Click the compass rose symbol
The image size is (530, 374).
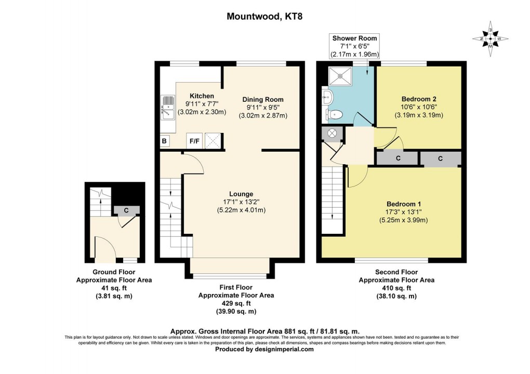click(x=490, y=39)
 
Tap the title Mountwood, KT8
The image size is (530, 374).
click(x=264, y=16)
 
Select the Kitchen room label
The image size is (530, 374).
click(x=202, y=96)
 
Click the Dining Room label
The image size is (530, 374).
click(x=263, y=99)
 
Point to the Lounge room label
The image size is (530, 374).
click(x=241, y=194)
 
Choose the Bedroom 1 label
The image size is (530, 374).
click(x=404, y=204)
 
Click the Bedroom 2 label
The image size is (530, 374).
click(x=419, y=99)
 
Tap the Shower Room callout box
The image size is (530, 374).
click(x=354, y=46)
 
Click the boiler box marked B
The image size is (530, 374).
click(x=165, y=141)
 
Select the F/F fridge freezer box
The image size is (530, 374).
click(x=194, y=141)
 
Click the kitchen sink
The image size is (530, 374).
click(x=168, y=108)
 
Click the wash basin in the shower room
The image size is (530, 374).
click(x=327, y=98)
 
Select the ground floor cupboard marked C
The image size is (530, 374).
click(x=126, y=210)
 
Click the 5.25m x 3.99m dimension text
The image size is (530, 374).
click(x=404, y=220)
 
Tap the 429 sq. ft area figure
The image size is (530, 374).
click(x=236, y=303)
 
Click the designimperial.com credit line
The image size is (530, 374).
click(x=264, y=350)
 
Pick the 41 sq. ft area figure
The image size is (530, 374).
click(x=114, y=288)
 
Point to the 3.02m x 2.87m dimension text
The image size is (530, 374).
click(x=263, y=115)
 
